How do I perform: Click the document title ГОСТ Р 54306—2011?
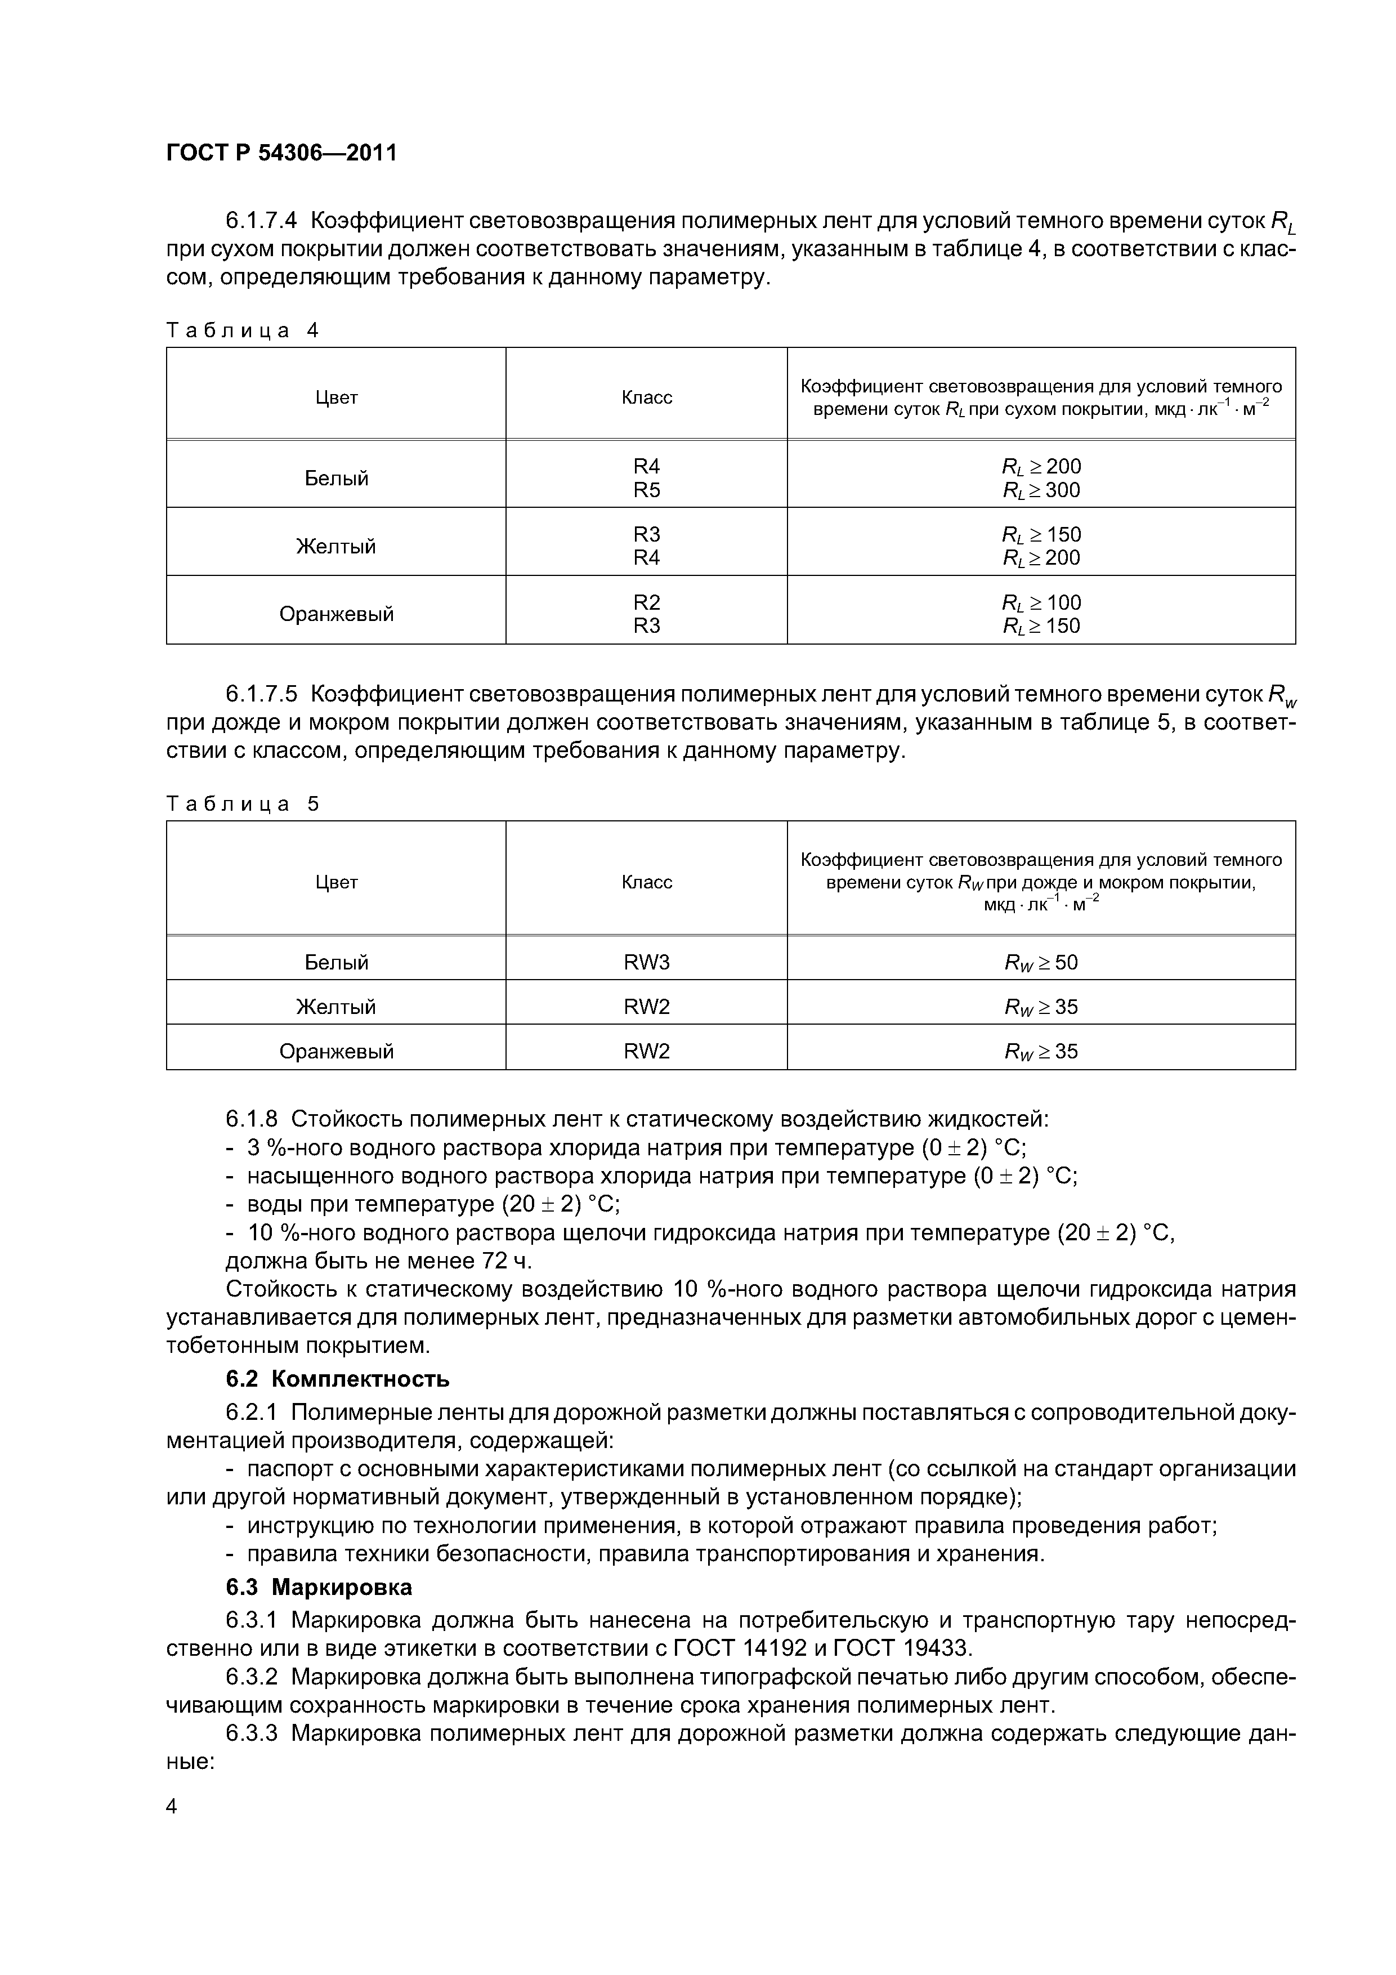pos(281,153)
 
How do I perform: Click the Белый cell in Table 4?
pos(336,478)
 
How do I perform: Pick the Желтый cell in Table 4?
pos(336,546)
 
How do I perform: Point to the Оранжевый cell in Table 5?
pos(336,1051)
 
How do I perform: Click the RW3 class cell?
pos(646,962)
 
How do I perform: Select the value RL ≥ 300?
pos(1041,490)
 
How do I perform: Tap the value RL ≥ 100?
pos(1041,602)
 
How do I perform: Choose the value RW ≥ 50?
pos(1041,962)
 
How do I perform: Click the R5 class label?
pos(646,490)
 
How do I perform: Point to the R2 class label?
pos(646,602)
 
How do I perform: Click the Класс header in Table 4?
pos(646,397)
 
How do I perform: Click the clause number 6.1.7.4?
pos(262,221)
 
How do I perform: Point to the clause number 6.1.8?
pos(252,1119)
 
